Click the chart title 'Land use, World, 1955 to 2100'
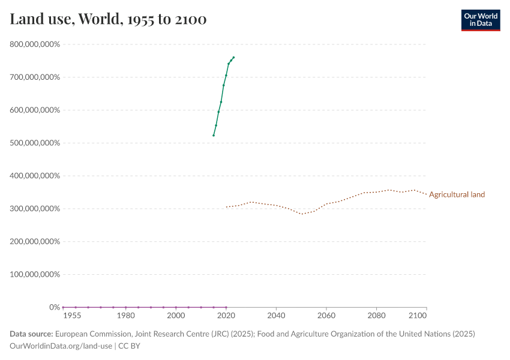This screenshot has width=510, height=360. pyautogui.click(x=108, y=19)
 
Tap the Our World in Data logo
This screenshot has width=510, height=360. pyautogui.click(x=480, y=20)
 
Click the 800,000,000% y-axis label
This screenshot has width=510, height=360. pyautogui.click(x=35, y=44)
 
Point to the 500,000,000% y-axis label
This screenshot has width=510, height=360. pyautogui.click(x=35, y=143)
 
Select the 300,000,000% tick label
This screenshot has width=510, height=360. pyautogui.click(x=35, y=209)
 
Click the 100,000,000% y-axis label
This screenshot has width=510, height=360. pyautogui.click(x=35, y=274)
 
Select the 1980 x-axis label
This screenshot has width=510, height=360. pyautogui.click(x=125, y=315)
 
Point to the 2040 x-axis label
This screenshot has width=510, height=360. pyautogui.click(x=276, y=315)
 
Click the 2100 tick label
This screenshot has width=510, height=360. pyautogui.click(x=418, y=315)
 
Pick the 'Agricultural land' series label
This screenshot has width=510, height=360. pyautogui.click(x=457, y=194)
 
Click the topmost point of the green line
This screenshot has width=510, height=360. pyautogui.click(x=233, y=58)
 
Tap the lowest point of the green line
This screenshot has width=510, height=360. pyautogui.click(x=214, y=136)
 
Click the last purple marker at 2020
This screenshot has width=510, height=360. pyautogui.click(x=226, y=307)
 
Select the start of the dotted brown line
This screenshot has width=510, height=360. pyautogui.click(x=226, y=207)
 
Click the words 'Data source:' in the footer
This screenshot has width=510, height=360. pyautogui.click(x=31, y=334)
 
